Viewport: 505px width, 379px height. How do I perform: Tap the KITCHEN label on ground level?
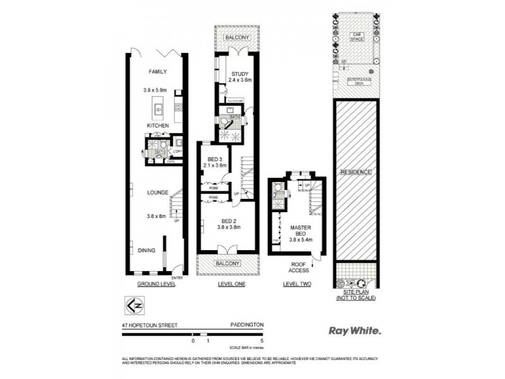pos(157,126)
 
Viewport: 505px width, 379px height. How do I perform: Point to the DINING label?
pos(147,250)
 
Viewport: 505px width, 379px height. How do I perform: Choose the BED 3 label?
pos(215,159)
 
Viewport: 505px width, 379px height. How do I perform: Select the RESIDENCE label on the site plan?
pos(355,172)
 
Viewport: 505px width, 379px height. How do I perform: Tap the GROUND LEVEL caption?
pos(156,284)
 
